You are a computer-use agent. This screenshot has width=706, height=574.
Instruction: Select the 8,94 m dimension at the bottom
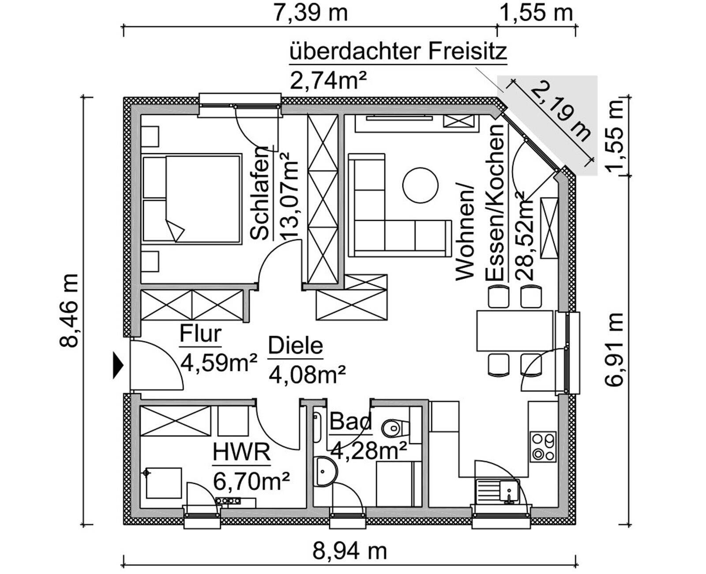(x=349, y=551)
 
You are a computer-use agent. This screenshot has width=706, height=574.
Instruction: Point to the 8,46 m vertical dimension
(x=69, y=310)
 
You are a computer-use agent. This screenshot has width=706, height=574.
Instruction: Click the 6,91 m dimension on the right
(x=614, y=349)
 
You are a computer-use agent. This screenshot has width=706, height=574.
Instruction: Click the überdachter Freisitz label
(x=398, y=52)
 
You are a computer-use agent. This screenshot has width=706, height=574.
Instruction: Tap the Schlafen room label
(x=260, y=193)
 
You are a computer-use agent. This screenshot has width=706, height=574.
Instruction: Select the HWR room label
(x=241, y=453)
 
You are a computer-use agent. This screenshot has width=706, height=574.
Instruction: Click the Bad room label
(x=351, y=422)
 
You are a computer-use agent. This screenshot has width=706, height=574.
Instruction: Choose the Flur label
(x=200, y=334)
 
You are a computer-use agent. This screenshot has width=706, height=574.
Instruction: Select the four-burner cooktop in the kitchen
(x=543, y=447)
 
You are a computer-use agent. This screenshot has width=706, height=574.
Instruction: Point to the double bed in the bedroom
(x=192, y=198)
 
